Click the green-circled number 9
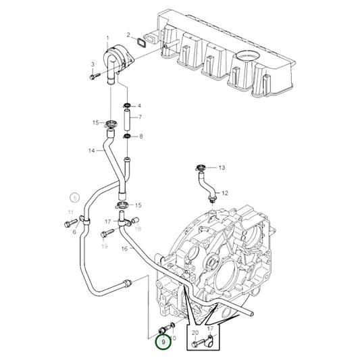click(x=163, y=342)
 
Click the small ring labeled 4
click(x=126, y=106)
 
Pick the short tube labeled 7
click(x=126, y=122)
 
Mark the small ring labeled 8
click(x=126, y=138)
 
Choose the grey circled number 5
click(x=74, y=198)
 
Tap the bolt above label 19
click(x=105, y=234)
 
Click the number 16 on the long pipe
click(x=124, y=249)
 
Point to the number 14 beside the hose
click(x=91, y=151)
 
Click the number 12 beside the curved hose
click(x=225, y=192)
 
